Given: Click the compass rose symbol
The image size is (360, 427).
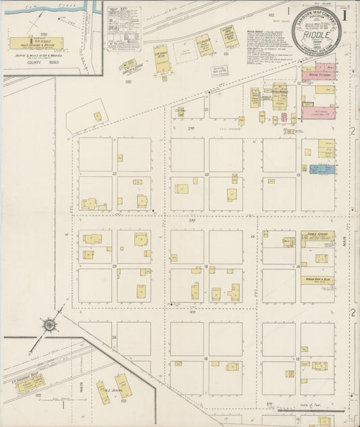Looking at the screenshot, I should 50,325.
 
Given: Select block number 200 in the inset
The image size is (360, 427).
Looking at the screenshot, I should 45,32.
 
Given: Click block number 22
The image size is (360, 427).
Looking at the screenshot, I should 115,174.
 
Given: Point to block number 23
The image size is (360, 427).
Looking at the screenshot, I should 115,266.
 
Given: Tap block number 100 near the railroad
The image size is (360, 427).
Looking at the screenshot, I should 128,81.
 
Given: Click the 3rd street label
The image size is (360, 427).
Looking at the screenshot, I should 192,220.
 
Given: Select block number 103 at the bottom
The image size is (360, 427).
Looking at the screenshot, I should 124,401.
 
